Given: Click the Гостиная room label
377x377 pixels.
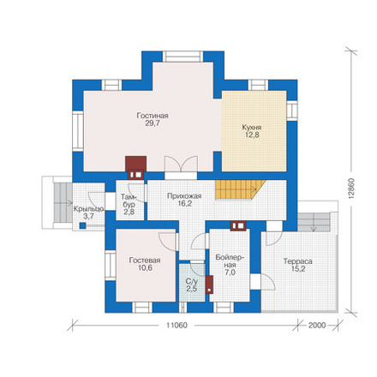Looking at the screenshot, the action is pyautogui.click(x=153, y=116).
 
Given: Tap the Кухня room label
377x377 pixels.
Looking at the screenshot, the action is pyautogui.click(x=252, y=127).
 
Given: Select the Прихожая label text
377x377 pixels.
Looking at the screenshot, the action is pyautogui.click(x=184, y=196).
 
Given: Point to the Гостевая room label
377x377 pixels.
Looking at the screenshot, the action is pyautogui.click(x=145, y=260).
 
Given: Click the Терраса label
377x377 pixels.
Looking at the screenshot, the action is pyautogui.click(x=298, y=261).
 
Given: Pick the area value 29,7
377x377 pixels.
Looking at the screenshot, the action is pyautogui.click(x=153, y=123).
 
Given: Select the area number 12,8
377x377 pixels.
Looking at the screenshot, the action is pyautogui.click(x=252, y=135).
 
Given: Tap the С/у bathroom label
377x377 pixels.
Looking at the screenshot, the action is pyautogui.click(x=192, y=281).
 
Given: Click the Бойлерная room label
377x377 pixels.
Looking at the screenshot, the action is pyautogui.click(x=230, y=265).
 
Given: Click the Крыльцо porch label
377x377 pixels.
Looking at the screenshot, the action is pyautogui.click(x=88, y=209).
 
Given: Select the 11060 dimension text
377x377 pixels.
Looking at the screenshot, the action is pyautogui.click(x=177, y=326).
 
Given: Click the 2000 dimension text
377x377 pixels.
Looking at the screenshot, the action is pyautogui.click(x=317, y=326).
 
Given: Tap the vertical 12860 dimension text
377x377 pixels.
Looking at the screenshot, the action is pyautogui.click(x=351, y=188).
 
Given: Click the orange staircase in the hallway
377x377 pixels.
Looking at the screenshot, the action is pyautogui.click(x=240, y=189).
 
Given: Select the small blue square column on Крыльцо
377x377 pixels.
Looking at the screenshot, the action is pyautogui.click(x=82, y=225).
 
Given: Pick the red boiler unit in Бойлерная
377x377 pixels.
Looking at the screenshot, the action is pyautogui.click(x=209, y=284).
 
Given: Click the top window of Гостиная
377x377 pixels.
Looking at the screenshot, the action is pyautogui.click(x=183, y=57).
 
